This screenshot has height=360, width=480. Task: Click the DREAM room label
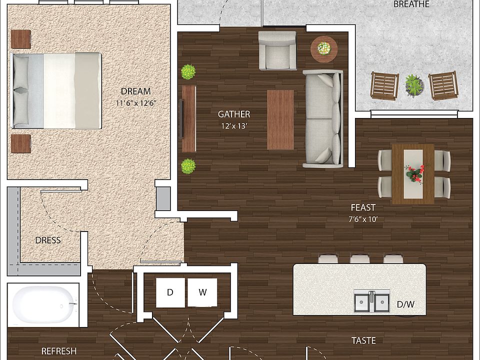tap(135, 91)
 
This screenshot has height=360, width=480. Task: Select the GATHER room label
tap(234, 114)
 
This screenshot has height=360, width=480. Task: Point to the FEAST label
tap(363, 207)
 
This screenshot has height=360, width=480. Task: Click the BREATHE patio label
tap(411, 4)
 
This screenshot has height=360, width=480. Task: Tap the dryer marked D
tap(170, 292)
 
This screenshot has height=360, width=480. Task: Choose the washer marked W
tap(202, 292)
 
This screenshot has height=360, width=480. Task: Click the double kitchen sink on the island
tap(372, 301)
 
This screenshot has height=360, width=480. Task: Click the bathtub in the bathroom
tap(43, 305)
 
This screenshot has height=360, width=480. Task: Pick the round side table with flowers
tap(324, 48)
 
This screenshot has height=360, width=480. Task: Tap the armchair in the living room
tap(277, 50)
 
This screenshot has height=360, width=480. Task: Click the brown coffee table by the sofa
tap(280, 119)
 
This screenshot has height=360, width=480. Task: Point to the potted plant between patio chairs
tap(413, 85)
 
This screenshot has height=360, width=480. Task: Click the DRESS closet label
tap(48, 240)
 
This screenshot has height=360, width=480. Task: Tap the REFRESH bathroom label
tap(59, 351)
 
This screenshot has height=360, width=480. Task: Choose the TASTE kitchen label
tap(363, 341)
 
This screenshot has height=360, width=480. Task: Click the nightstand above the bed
tap(21, 38)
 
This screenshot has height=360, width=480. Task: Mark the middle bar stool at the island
tap(360, 258)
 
